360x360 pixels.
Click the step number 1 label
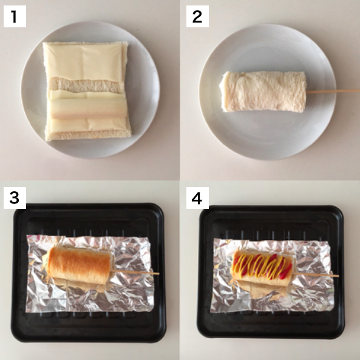click(15, 16)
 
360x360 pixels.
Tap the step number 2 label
click(197, 16)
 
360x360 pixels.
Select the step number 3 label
click(15, 198)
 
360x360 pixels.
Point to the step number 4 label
click(197, 198)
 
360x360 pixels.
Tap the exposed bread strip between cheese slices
click(86, 85)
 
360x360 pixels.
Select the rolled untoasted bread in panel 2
click(263, 92)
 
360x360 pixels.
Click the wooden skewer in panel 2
click(333, 91)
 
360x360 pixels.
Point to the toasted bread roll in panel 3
click(79, 265)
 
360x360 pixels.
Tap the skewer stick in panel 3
click(135, 273)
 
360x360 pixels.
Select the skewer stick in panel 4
click(316, 274)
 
